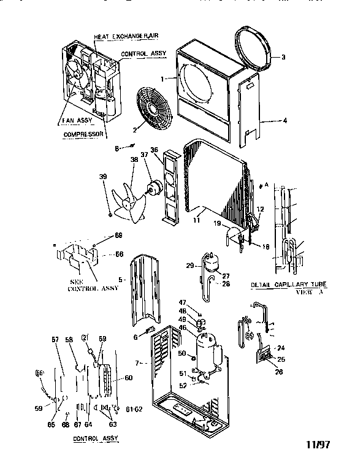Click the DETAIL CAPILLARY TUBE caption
tap(288, 286)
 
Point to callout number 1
tap(162, 79)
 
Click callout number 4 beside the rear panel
tap(285, 121)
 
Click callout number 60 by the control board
tap(129, 378)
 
